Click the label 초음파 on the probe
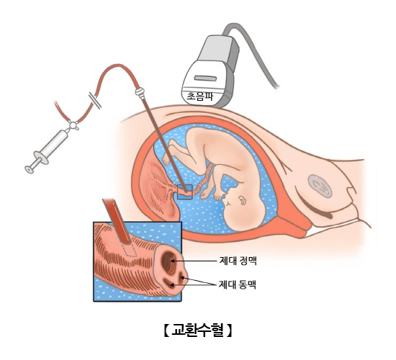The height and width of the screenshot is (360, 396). pyautogui.click(x=199, y=96)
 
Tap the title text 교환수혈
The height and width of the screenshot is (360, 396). pyautogui.click(x=198, y=330)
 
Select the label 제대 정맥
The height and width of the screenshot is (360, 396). pyautogui.click(x=238, y=261)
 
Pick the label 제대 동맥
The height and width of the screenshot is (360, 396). pyautogui.click(x=238, y=284)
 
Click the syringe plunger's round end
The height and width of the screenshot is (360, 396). pyautogui.click(x=30, y=169)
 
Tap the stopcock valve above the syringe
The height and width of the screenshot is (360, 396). pyautogui.click(x=73, y=125)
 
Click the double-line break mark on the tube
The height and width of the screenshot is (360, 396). pyautogui.click(x=95, y=101)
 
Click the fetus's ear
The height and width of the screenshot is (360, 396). pyautogui.click(x=242, y=200)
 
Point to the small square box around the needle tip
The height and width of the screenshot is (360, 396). pyautogui.click(x=185, y=192)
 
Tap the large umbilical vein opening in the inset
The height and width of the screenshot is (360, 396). pyautogui.click(x=168, y=261)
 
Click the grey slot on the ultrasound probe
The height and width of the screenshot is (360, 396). pyautogui.click(x=205, y=78)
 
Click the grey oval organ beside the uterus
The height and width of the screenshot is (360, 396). pyautogui.click(x=320, y=186)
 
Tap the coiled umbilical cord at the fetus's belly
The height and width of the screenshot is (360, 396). pyautogui.click(x=205, y=178)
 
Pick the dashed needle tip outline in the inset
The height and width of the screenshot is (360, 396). pyautogui.click(x=129, y=250)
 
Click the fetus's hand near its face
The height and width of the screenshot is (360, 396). pyautogui.click(x=219, y=196)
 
